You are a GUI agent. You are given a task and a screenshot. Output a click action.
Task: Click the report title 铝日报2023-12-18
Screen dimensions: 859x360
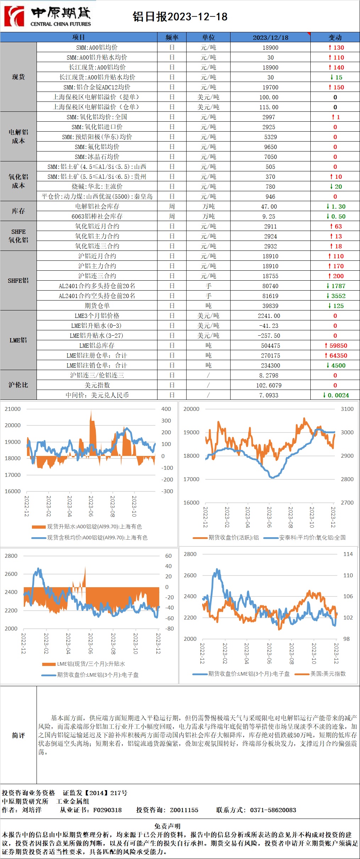180,17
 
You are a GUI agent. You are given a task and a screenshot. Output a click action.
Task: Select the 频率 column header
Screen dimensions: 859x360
172,37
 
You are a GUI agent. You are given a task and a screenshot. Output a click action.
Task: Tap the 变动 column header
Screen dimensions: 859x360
335,37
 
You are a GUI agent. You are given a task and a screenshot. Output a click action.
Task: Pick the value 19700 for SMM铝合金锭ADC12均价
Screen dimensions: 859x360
270,87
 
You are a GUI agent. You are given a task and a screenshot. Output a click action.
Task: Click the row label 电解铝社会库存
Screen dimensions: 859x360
97,207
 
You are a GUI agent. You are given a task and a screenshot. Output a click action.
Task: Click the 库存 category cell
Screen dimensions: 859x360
18,211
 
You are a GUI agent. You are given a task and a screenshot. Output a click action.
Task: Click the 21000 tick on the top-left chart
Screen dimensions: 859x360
12,409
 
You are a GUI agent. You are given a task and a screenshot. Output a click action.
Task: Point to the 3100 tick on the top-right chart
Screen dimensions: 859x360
347,409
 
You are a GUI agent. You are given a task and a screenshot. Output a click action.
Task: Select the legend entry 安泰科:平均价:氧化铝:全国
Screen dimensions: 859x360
312,538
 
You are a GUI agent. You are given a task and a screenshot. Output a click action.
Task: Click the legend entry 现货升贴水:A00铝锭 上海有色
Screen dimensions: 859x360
94,527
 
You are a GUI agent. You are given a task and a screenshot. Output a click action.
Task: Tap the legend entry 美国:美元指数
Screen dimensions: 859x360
328,673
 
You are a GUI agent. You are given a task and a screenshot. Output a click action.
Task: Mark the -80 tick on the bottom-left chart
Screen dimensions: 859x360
170,628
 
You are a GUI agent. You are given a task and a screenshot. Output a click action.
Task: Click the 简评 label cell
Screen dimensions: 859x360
18,735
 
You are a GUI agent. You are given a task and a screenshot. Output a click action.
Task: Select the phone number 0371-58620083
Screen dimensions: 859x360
273,810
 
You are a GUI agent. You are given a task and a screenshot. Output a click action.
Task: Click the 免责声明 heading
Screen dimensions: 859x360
167,826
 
